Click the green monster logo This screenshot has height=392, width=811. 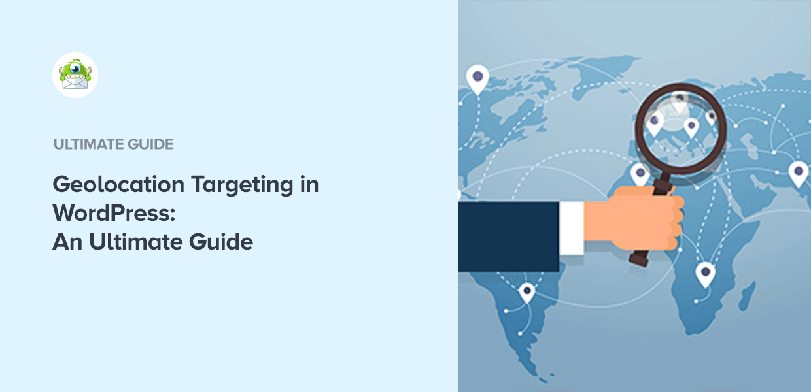pos(75,74)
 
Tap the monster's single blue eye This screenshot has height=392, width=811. pos(77,67)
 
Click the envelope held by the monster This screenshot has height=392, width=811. pos(75,82)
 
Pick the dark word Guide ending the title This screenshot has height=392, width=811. pos(222,242)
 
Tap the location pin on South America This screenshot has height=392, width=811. pos(526,292)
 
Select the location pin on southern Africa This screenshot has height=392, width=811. pos(704,274)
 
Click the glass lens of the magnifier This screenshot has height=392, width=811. pos(680,124)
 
